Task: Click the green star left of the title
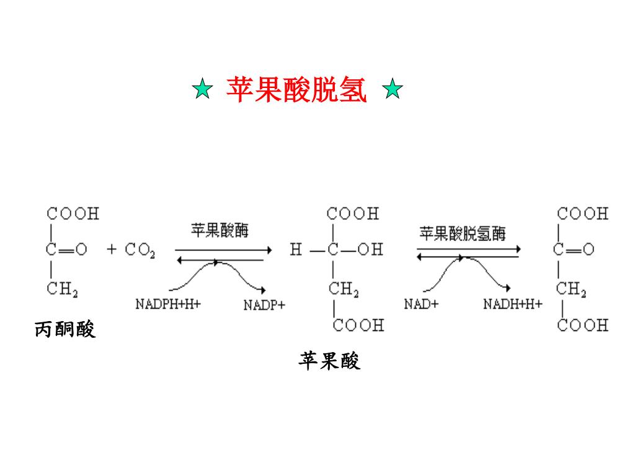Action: click(202, 90)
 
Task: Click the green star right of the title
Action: click(393, 90)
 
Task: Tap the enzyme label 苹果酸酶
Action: click(220, 231)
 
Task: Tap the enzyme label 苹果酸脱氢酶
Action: click(463, 234)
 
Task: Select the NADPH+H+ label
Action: click(168, 304)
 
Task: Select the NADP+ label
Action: click(264, 305)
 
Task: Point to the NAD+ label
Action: click(421, 304)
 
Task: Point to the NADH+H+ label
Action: click(513, 304)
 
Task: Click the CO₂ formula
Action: click(140, 250)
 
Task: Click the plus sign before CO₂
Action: click(112, 250)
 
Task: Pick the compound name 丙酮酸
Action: click(65, 330)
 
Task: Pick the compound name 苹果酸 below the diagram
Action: click(329, 361)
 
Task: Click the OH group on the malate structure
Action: click(370, 250)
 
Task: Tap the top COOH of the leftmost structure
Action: click(73, 214)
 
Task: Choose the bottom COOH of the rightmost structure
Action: click(582, 325)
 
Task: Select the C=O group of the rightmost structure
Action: click(574, 250)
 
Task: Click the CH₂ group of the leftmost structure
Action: click(62, 289)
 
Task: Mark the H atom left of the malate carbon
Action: click(296, 250)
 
